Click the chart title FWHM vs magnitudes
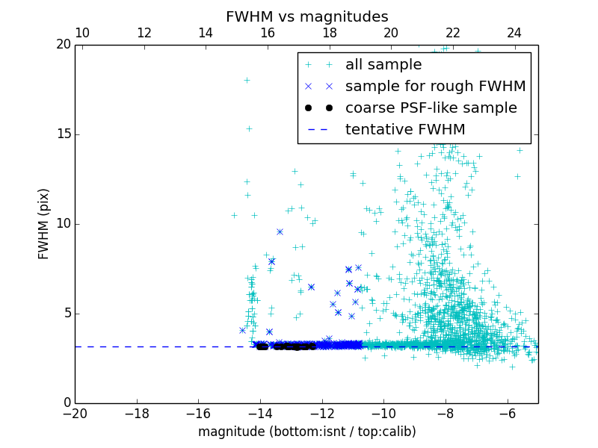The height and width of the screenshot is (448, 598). pos(306,16)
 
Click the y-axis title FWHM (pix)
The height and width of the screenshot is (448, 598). pos(44,223)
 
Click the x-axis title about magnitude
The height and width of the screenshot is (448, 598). pos(306,432)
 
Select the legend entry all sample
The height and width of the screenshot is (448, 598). pos(383,65)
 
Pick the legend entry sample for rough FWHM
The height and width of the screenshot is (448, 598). pos(435,87)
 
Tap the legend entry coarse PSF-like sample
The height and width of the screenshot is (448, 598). pos(431,108)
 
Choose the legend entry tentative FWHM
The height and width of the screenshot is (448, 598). pos(404,130)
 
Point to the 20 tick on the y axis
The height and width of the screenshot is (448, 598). pos(63,45)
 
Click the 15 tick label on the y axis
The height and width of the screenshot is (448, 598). pos(63,134)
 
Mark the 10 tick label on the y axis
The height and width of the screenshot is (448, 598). pos(63,223)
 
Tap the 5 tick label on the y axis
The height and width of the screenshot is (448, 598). pos(67,313)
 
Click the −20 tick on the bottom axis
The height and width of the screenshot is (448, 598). pos(75,414)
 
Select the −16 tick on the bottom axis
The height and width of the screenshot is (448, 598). pos(198,414)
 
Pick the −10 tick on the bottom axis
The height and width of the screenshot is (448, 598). pos(383,414)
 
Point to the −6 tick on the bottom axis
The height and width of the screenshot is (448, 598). pos(508,414)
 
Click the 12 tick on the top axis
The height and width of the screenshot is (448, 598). pos(144,33)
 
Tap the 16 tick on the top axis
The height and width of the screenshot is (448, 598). pos(268,33)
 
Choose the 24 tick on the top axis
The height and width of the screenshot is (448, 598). pos(514,33)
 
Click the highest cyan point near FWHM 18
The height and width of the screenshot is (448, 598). pos(247,80)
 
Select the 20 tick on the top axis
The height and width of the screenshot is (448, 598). pos(391,33)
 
